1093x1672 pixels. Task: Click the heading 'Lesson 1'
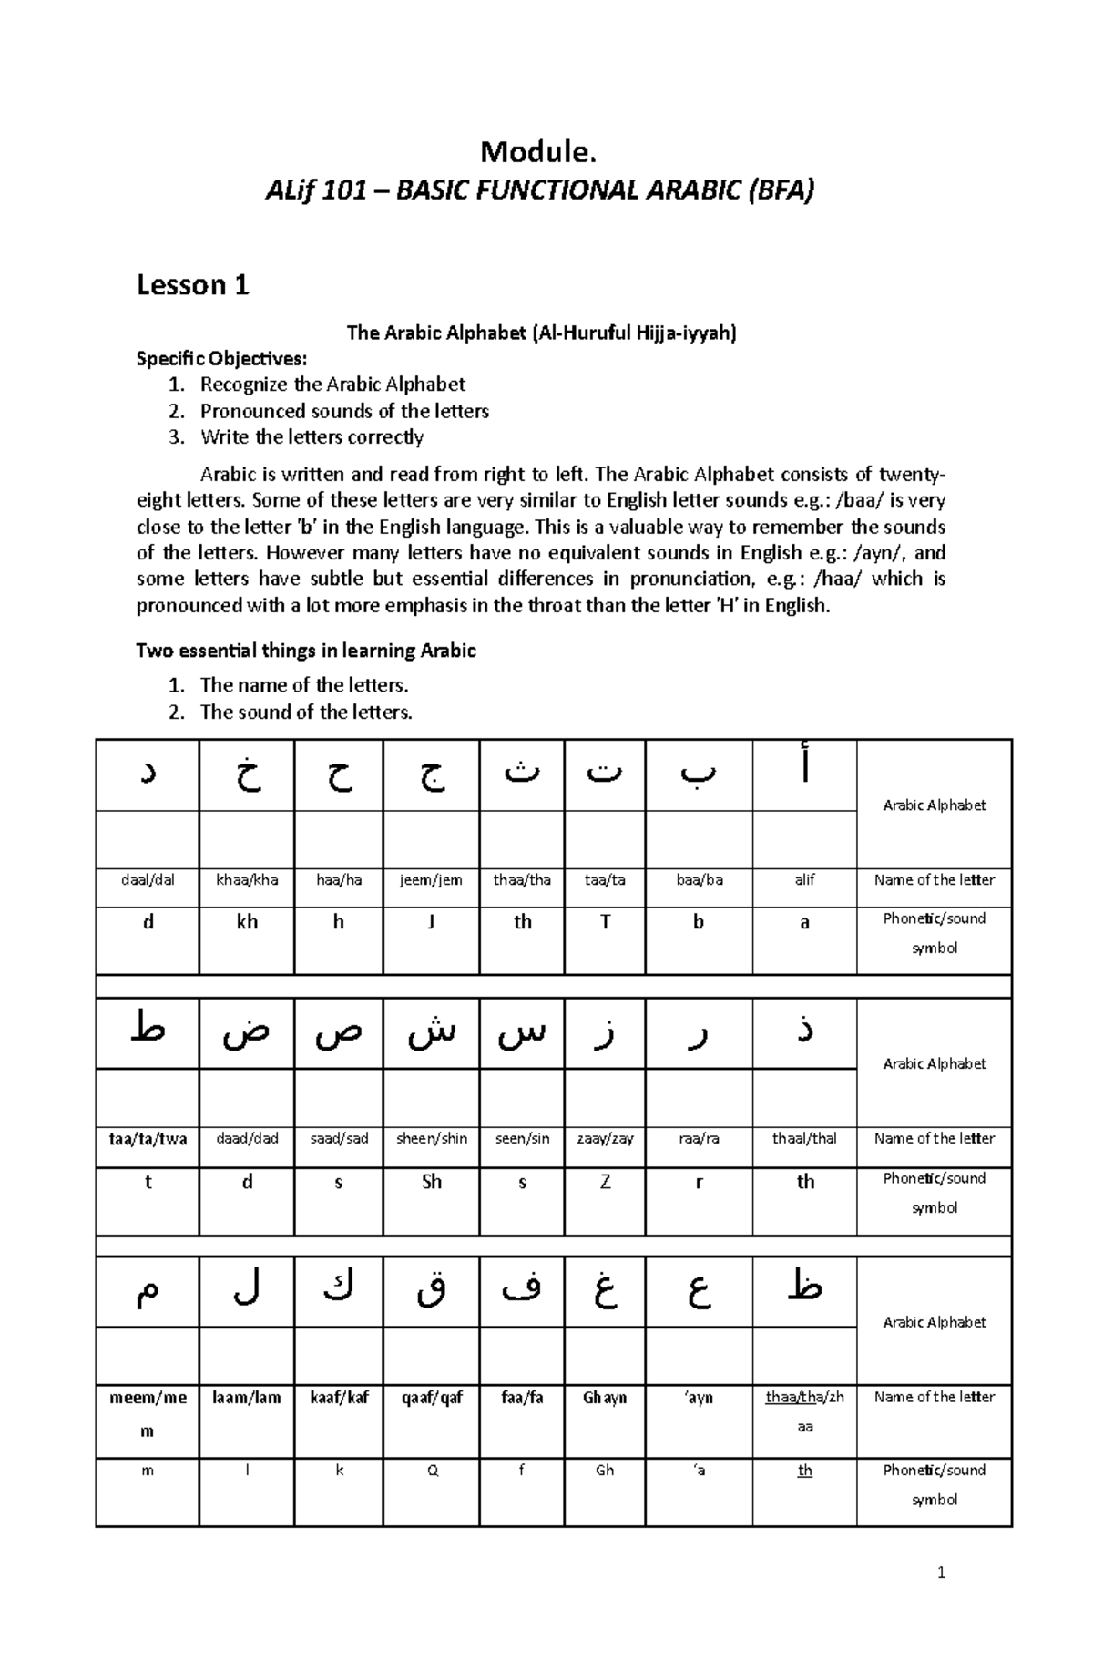192,285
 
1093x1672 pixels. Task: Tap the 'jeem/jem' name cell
431,880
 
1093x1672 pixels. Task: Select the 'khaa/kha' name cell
247,880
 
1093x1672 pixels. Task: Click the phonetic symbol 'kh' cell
247,922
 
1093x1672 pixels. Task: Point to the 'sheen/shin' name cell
431,1139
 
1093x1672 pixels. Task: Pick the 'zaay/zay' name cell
605,1139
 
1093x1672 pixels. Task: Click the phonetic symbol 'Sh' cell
431,1182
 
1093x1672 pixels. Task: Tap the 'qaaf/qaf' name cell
431,1398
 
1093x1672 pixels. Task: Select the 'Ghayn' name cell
605,1398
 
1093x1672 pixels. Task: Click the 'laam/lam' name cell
247,1398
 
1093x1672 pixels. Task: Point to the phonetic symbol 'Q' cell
432,1471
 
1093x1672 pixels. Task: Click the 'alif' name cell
804,880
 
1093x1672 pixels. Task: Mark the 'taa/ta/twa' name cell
148,1139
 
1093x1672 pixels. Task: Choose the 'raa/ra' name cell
699,1139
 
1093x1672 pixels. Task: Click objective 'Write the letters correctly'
312,437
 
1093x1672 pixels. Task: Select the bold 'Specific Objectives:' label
222,358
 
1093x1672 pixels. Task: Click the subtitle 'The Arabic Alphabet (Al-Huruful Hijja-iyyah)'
541,333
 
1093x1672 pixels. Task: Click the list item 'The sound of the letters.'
306,713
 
